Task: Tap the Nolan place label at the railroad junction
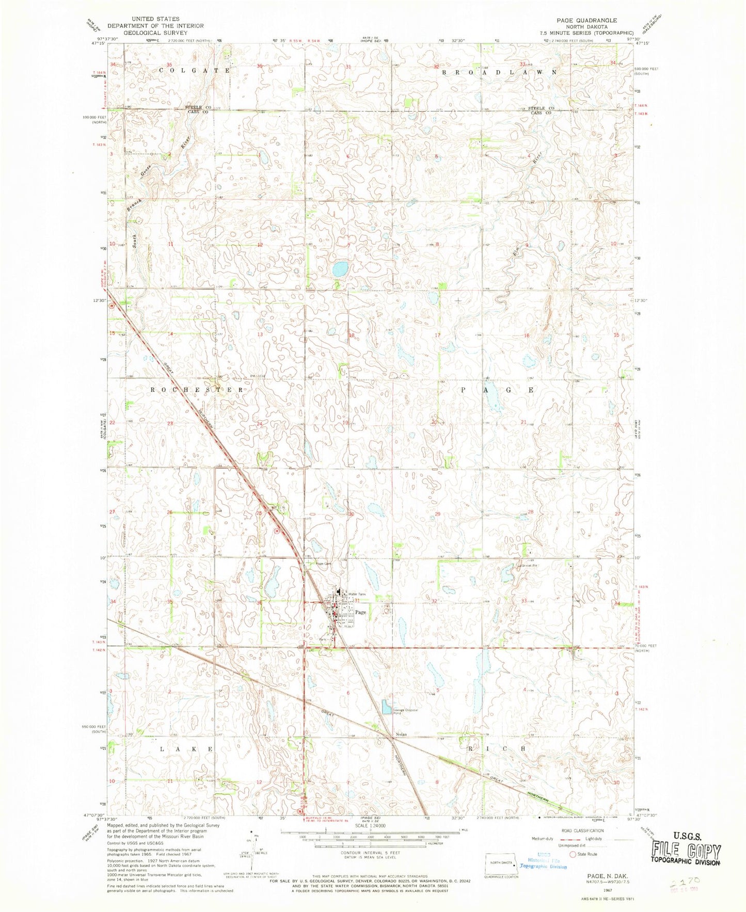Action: tap(401, 734)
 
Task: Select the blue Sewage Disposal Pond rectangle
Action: tap(386, 707)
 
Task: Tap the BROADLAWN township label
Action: tap(499, 73)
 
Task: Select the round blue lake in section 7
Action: tap(340, 269)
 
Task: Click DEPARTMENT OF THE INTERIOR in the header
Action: tap(155, 26)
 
